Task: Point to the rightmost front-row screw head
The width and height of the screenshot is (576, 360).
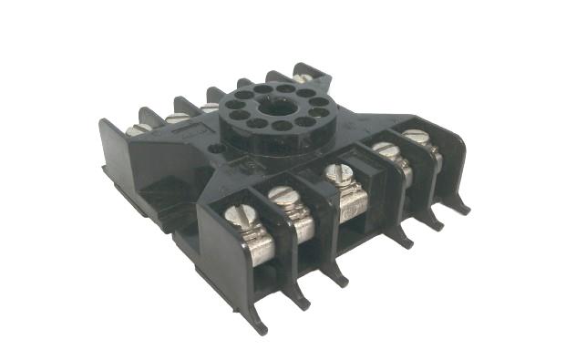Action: pyautogui.click(x=415, y=137)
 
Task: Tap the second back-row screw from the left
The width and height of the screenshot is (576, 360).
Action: pyautogui.click(x=176, y=118)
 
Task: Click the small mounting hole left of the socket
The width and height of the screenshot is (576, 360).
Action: pyautogui.click(x=215, y=146)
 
